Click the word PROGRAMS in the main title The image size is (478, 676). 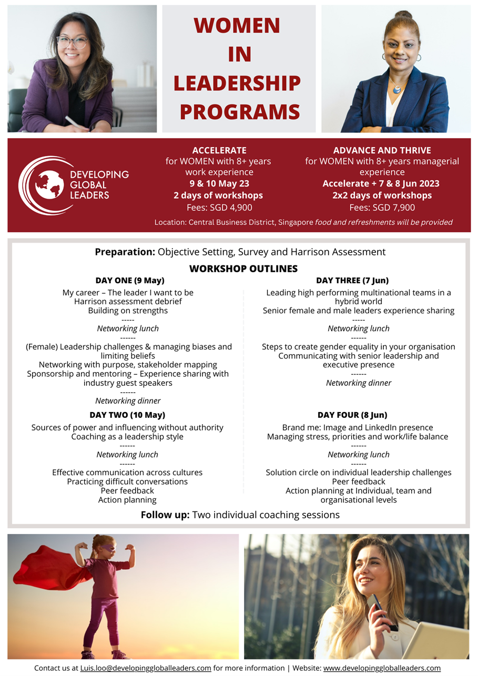coord(240,111)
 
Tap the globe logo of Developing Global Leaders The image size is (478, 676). coord(49,185)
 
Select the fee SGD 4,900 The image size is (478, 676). coord(219,207)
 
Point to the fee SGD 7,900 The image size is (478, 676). coord(382,207)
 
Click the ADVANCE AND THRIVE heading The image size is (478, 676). coord(382,150)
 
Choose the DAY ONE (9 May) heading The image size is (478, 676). coord(130,280)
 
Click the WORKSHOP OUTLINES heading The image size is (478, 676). coord(243,269)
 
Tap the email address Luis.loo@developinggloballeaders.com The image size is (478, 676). coord(146,668)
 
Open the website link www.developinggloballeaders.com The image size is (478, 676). coord(382,668)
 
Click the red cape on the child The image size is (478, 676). coord(50,568)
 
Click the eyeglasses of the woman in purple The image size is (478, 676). coord(73,43)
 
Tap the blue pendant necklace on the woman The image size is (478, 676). coord(396,89)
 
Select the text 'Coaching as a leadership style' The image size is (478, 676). coord(127,437)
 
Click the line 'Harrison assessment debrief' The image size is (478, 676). coord(128,301)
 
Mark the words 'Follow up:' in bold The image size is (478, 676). coord(165,515)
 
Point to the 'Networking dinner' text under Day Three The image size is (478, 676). coord(359,383)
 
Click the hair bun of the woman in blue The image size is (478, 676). coord(403,15)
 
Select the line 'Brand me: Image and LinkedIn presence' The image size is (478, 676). coord(358,427)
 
